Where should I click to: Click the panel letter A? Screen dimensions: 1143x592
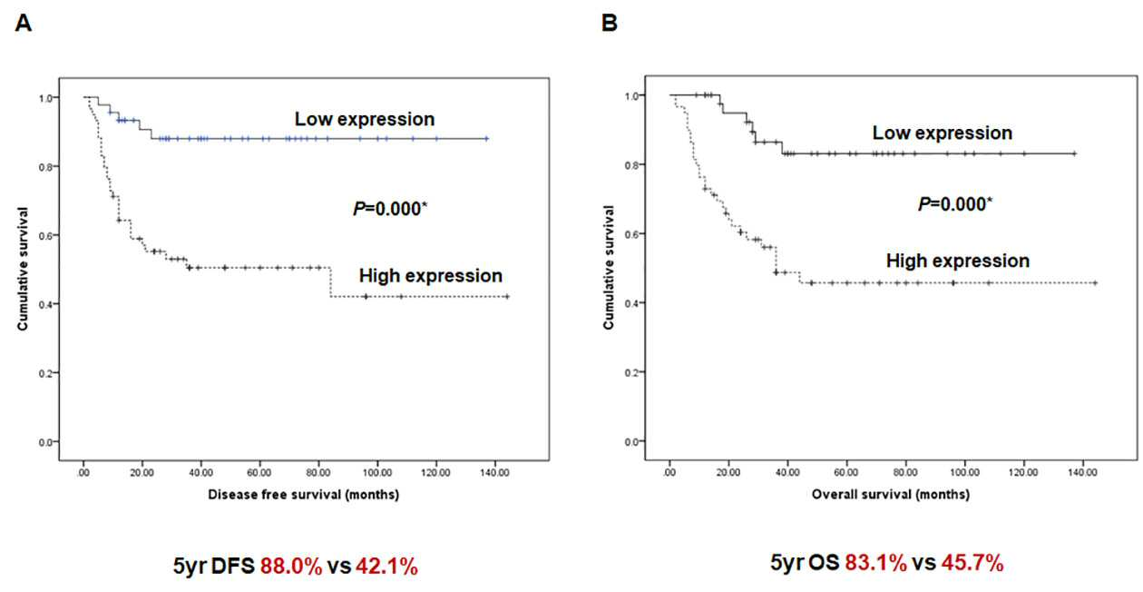coord(24,23)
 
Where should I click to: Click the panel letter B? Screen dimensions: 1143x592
coord(610,23)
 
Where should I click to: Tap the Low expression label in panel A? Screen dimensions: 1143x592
coord(365,120)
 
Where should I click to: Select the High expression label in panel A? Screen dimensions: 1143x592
coord(431,276)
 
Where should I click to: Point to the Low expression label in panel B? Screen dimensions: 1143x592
coord(942,133)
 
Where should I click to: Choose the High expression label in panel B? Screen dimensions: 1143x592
coord(958,261)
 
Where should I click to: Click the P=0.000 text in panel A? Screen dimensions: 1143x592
coord(390,209)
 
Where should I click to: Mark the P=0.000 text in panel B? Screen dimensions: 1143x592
coord(955,204)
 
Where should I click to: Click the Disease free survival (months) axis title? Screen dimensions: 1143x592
coord(304,495)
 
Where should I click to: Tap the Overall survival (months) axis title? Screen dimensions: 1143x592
coord(891,495)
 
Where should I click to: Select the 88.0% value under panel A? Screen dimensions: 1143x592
coord(291,567)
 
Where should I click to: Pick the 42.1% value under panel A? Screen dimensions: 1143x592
coord(386,567)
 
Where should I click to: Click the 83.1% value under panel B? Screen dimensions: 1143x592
coord(876,563)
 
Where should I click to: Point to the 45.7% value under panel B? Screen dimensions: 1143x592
coord(972,563)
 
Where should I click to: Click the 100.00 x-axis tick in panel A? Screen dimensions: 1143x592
coord(377,473)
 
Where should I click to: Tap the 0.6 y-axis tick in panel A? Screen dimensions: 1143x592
coord(45,235)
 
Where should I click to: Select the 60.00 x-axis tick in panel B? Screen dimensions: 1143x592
coord(846,473)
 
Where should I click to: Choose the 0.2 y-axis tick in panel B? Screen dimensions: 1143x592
coord(631,372)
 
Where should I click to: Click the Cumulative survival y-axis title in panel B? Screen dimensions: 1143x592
coord(609,267)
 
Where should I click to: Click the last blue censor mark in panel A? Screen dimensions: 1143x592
coord(486,138)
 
